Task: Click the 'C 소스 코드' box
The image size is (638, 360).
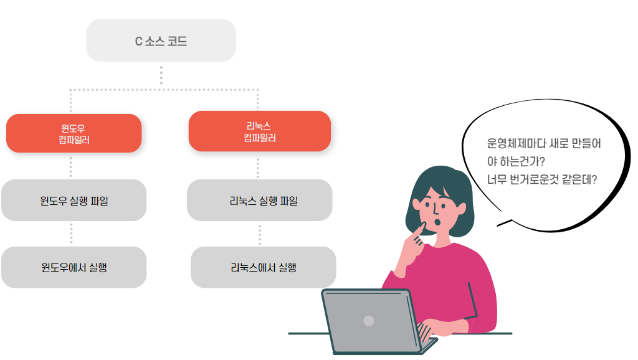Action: tap(161, 41)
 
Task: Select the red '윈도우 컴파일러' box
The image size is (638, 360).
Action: tap(74, 133)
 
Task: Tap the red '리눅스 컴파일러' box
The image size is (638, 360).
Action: tap(259, 131)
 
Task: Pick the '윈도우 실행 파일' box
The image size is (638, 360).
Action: tap(74, 201)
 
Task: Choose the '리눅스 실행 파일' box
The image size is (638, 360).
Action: tap(259, 201)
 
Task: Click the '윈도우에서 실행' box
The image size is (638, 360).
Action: tap(74, 267)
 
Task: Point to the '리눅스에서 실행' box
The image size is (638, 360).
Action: tap(263, 267)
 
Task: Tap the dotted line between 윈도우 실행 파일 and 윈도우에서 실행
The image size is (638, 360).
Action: tap(72, 234)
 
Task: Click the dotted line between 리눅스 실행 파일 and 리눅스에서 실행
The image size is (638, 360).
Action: tap(260, 233)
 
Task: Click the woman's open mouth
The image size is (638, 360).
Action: tap(438, 222)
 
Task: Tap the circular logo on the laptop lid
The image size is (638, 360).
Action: tap(368, 321)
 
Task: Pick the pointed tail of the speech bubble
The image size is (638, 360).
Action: tap(502, 223)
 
